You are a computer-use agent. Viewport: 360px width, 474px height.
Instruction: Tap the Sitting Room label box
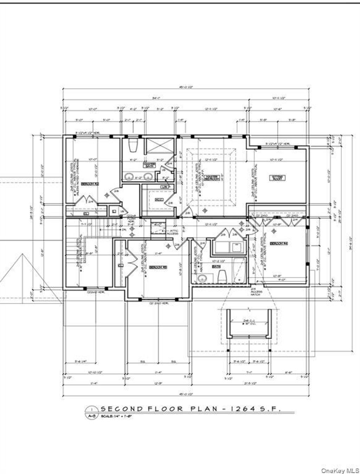277,178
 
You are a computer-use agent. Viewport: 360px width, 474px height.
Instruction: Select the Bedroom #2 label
89,183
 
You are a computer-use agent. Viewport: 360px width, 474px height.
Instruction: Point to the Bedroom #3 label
158,267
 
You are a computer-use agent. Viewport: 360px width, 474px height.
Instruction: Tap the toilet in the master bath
133,145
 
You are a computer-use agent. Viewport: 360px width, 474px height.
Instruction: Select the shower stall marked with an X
160,146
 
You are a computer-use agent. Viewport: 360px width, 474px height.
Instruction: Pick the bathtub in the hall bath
239,270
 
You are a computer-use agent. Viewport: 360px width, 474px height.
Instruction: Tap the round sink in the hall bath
202,279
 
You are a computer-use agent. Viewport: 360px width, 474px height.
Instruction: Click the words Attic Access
173,232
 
